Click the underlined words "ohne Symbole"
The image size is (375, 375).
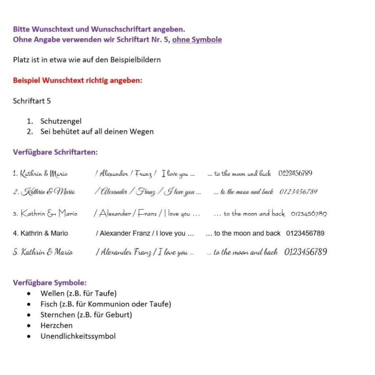pyautogui.click(x=197, y=39)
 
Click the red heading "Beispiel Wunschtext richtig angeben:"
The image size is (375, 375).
pyautogui.click(x=77, y=81)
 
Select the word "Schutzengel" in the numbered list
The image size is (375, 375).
pyautogui.click(x=61, y=121)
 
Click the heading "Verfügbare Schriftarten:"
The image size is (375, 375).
pyautogui.click(x=55, y=152)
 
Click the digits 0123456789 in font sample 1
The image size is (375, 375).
pyautogui.click(x=295, y=173)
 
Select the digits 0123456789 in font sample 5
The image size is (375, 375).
pyautogui.click(x=306, y=252)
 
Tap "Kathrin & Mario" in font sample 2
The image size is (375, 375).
pyautogui.click(x=48, y=192)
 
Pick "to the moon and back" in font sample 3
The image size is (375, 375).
pyautogui.click(x=254, y=214)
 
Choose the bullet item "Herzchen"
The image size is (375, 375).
pyautogui.click(x=56, y=325)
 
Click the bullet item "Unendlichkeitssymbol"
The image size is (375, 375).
pyautogui.click(x=78, y=336)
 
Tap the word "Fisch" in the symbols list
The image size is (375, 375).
pyautogui.click(x=49, y=304)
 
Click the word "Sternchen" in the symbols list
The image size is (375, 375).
pyautogui.click(x=58, y=315)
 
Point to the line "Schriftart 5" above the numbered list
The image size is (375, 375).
pyautogui.click(x=32, y=101)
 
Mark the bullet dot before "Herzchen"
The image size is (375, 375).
pyautogui.click(x=29, y=326)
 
